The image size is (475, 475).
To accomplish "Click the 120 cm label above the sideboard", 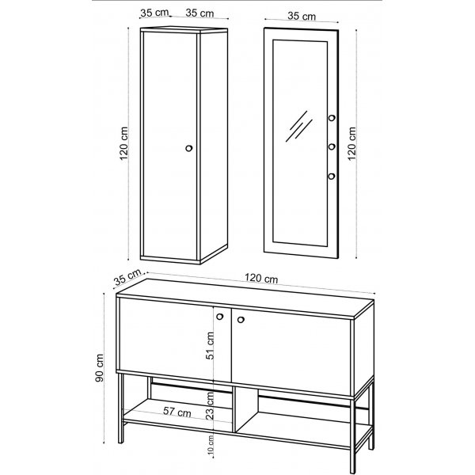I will click(x=260, y=279).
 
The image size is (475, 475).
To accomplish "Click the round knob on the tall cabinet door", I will click(x=188, y=148).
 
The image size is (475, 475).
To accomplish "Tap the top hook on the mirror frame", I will click(x=331, y=120).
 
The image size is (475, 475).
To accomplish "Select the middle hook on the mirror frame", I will click(x=331, y=146).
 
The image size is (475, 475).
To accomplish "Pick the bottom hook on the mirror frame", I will click(x=331, y=175).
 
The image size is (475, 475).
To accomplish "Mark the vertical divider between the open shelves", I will click(x=236, y=410).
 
